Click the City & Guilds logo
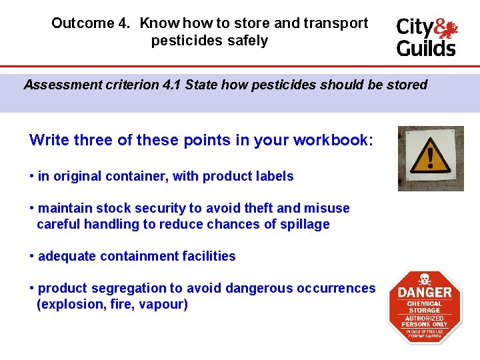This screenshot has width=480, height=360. point(427,37)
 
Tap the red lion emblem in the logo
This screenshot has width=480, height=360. point(447,27)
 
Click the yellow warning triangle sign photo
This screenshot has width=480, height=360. point(430,159)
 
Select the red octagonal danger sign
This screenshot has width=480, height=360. point(425,307)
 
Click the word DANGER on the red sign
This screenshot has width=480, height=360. point(425,292)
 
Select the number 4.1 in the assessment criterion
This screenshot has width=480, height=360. point(171,85)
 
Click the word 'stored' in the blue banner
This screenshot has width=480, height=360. point(406,85)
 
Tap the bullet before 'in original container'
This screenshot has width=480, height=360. point(32,177)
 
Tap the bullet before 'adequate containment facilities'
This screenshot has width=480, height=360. point(32,257)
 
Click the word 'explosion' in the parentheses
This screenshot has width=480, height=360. point(67,305)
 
